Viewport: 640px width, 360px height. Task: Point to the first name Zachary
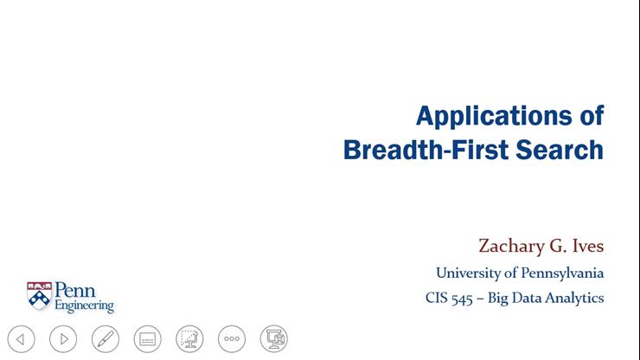point(513,246)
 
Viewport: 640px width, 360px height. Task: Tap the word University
point(467,273)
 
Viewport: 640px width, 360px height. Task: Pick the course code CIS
point(438,299)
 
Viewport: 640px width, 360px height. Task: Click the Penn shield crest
point(39,295)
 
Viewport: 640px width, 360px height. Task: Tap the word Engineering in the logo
point(84,306)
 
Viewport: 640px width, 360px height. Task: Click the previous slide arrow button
point(21,338)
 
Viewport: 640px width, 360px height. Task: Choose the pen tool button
point(105,338)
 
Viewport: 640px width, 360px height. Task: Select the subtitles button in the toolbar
point(147,338)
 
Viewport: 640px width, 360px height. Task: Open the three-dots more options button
point(231,338)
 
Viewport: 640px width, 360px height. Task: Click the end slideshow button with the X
point(273,338)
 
